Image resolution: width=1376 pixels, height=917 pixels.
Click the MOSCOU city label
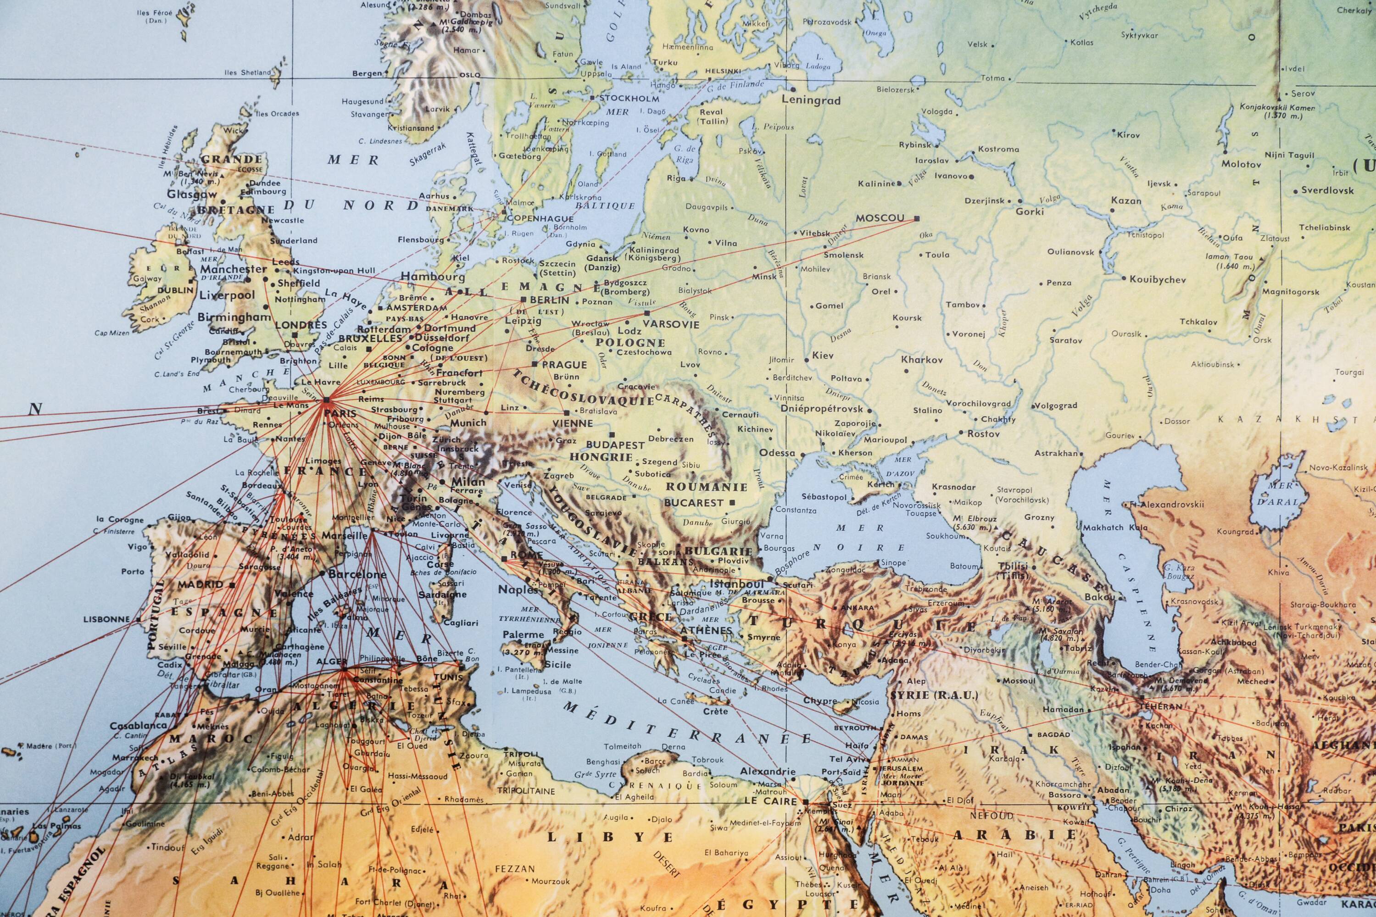point(880,218)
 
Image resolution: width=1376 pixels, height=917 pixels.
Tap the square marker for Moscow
point(916,219)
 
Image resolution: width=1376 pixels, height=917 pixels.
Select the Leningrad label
point(811,100)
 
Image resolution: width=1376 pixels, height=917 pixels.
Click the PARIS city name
point(340,413)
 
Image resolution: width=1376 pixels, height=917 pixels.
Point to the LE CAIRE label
point(771,800)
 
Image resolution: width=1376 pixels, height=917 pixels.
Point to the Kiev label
point(822,356)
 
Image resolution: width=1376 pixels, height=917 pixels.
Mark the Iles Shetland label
point(248,73)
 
